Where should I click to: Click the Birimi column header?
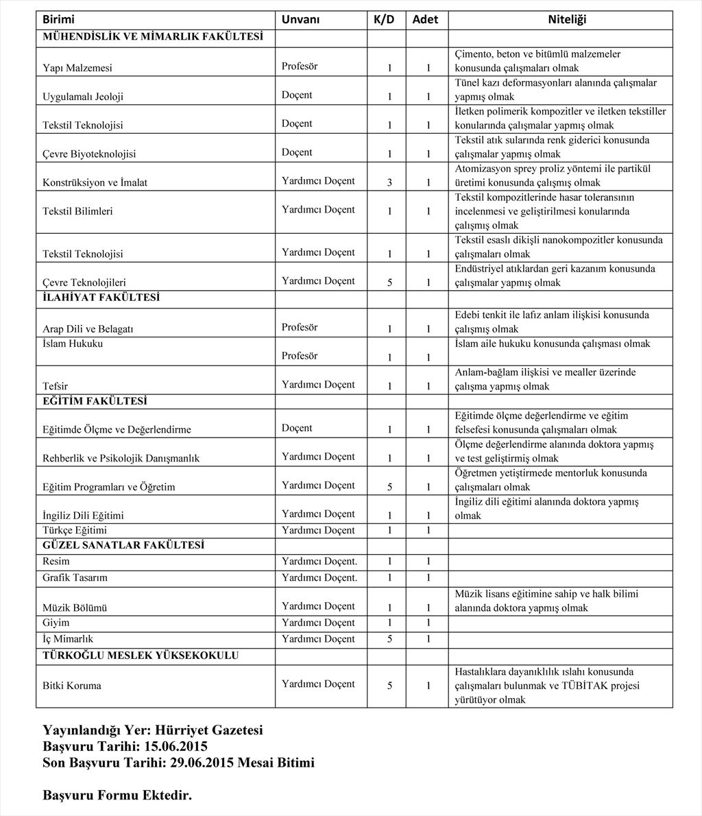click(58, 20)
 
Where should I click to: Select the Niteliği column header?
click(566, 20)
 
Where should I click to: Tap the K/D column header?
click(384, 20)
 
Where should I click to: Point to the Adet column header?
click(425, 20)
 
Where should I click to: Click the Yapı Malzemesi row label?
click(77, 68)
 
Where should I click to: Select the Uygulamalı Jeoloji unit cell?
click(83, 97)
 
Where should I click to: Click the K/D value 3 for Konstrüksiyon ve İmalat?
click(389, 183)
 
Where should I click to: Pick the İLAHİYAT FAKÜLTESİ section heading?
click(101, 298)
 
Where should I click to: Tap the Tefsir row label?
click(55, 387)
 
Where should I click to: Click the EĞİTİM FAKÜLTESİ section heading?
click(95, 401)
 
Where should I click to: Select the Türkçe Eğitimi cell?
click(75, 530)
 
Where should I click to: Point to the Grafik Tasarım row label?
click(75, 577)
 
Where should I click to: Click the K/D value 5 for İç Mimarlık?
click(389, 639)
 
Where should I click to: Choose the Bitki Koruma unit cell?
click(71, 685)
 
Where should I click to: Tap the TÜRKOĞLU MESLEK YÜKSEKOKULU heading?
click(141, 656)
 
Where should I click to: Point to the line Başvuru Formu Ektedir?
click(117, 795)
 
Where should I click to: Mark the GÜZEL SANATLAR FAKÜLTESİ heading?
click(123, 545)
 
